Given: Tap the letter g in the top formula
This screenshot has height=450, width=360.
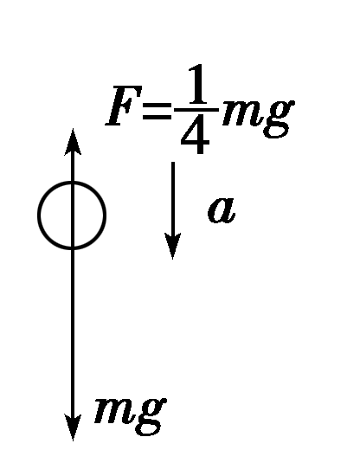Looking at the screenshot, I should pyautogui.click(x=278, y=116).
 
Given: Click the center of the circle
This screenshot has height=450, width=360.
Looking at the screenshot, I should pyautogui.click(x=72, y=215).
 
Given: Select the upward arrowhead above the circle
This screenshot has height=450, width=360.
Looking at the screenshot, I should pyautogui.click(x=73, y=139).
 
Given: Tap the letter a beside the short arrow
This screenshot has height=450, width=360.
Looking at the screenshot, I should pyautogui.click(x=222, y=210).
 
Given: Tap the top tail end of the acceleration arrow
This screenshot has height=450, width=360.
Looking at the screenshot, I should pyautogui.click(x=174, y=164).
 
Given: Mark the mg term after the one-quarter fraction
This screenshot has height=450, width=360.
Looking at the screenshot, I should pyautogui.click(x=257, y=114).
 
